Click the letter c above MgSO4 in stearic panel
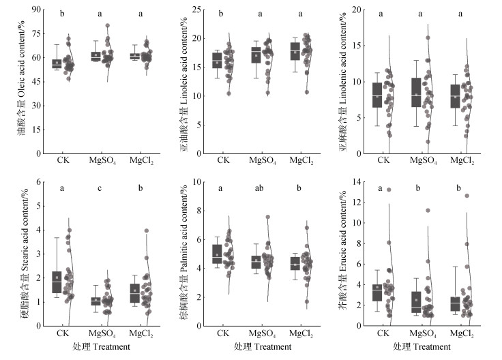point(98,188)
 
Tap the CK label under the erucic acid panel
point(383,333)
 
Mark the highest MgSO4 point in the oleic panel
point(108,26)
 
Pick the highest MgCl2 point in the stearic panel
point(145,230)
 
